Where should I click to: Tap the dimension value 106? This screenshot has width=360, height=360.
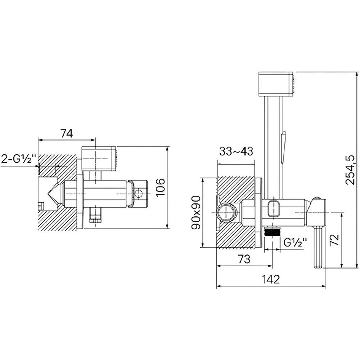click(x=160, y=187)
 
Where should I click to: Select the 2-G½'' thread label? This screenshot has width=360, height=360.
click(x=19, y=159)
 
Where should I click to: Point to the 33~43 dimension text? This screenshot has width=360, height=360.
click(x=236, y=152)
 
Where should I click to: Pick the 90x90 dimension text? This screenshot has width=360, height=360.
click(x=196, y=213)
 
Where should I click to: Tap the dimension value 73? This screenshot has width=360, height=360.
click(x=244, y=259)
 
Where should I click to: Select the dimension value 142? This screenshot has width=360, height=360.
click(x=271, y=279)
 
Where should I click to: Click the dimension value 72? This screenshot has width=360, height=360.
click(x=334, y=240)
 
